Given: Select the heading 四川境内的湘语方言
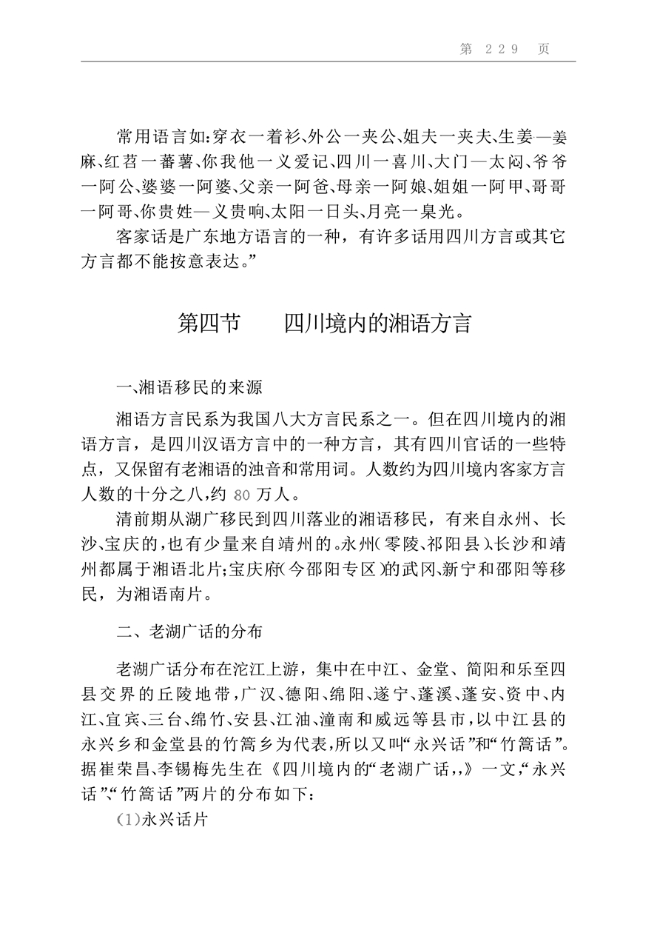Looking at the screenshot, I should (x=377, y=324).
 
